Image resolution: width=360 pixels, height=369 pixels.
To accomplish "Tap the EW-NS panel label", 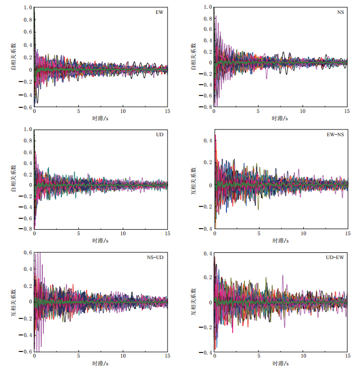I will point(335,134).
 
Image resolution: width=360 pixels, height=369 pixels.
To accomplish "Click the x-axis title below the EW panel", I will point(101,118).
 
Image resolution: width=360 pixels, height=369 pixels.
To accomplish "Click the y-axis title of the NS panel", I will point(193,58).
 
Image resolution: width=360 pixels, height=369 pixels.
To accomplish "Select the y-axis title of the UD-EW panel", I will point(193,302).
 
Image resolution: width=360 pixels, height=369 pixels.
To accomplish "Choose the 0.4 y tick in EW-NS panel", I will point(208,140).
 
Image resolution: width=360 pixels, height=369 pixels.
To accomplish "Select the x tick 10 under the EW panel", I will point(123,112).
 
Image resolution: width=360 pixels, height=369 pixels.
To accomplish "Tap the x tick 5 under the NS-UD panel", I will point(78,357).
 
